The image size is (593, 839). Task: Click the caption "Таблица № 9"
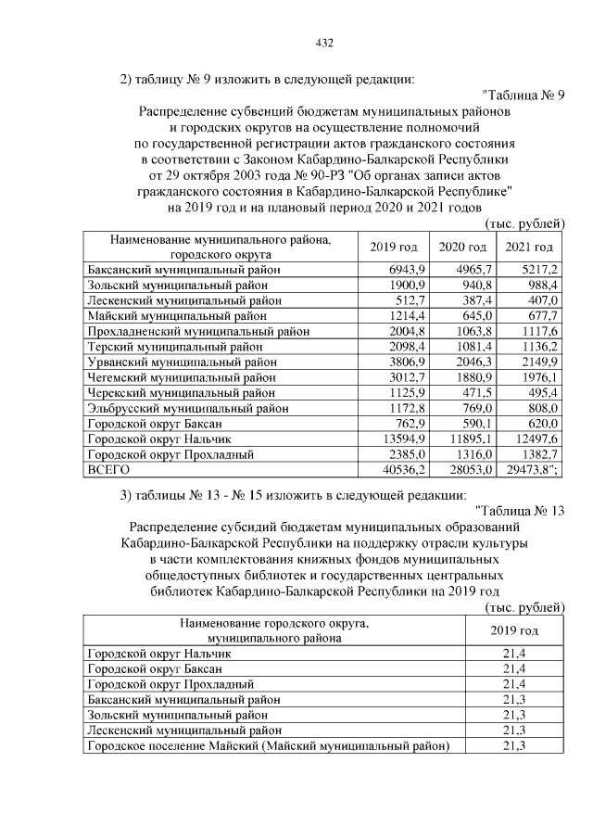[x=524, y=95]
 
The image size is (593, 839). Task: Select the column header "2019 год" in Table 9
[x=394, y=247]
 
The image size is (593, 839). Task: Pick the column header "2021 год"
[x=529, y=247]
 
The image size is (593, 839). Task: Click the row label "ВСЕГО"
[x=107, y=470]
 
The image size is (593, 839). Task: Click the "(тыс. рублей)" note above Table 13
[x=524, y=607]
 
